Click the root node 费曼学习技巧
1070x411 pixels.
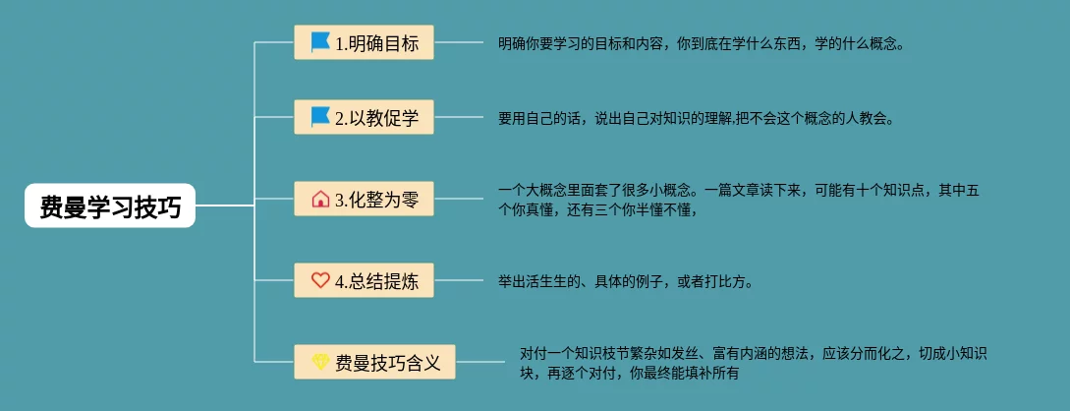tap(110, 206)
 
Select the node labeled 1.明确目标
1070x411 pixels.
tap(364, 43)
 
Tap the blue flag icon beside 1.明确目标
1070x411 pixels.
tap(320, 42)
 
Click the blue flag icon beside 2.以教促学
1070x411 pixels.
tap(320, 118)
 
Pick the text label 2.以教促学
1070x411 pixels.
tap(376, 119)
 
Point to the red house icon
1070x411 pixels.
tap(320, 200)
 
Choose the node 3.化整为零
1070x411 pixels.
tap(364, 200)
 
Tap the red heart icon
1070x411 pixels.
tap(320, 280)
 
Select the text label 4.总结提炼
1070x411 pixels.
tap(376, 281)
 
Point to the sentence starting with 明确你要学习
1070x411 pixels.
tap(700, 43)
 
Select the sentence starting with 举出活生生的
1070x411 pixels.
tap(625, 281)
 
